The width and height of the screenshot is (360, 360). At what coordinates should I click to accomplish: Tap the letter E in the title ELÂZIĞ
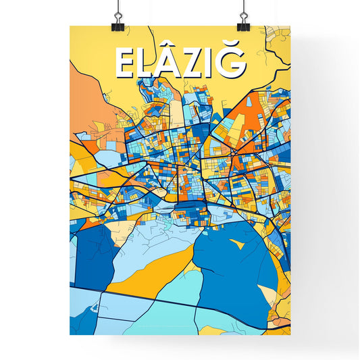(126, 63)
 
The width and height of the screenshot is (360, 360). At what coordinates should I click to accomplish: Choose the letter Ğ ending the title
(232, 63)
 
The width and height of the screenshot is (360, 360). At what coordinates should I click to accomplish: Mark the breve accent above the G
(233, 48)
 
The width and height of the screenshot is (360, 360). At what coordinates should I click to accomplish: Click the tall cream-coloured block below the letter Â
(177, 111)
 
